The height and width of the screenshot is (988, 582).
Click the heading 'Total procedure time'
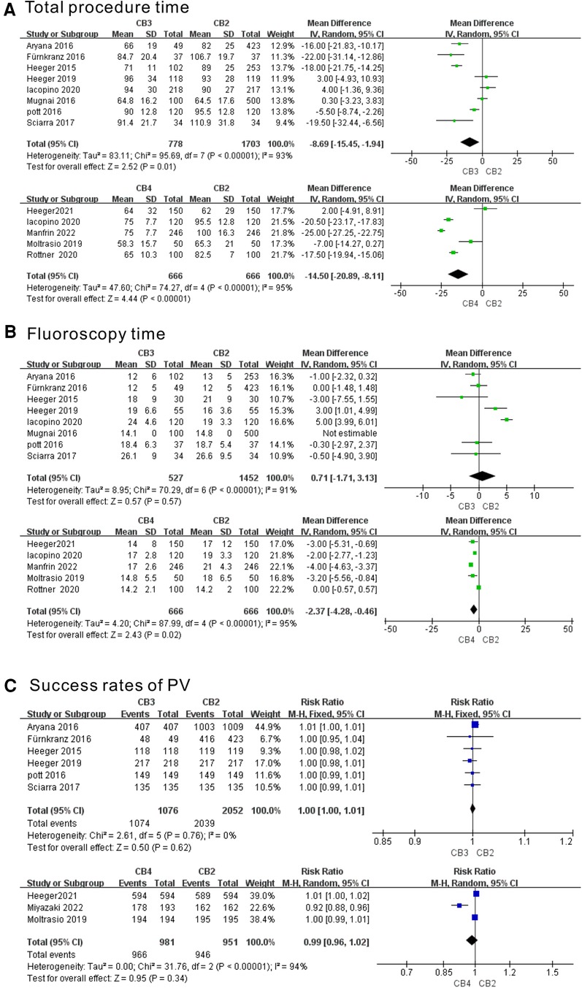click(106, 9)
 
